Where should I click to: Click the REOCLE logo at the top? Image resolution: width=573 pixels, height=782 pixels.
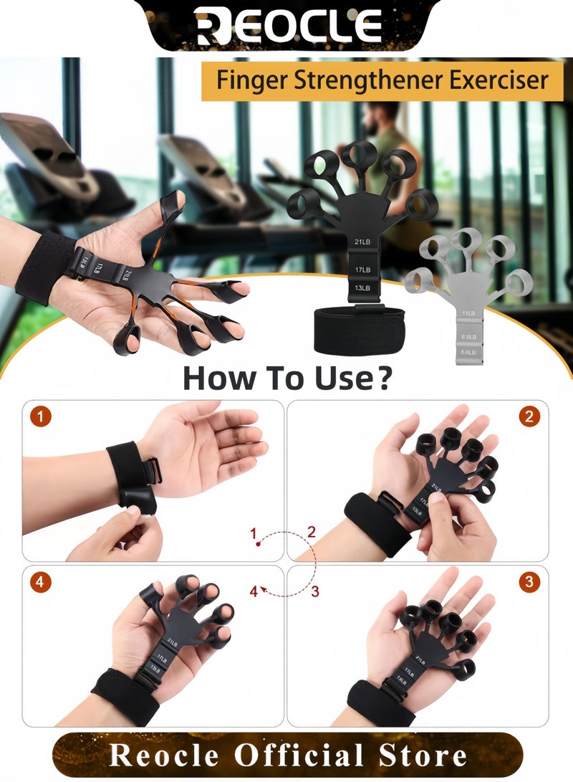[287, 27]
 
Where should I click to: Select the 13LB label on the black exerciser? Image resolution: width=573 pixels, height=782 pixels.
[361, 288]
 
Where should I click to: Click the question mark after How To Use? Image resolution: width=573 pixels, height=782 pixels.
[384, 377]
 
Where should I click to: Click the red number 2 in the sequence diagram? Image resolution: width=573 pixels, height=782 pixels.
[312, 532]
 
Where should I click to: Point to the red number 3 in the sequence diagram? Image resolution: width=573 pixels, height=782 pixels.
[315, 591]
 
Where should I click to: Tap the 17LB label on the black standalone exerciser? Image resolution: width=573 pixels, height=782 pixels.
[361, 270]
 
